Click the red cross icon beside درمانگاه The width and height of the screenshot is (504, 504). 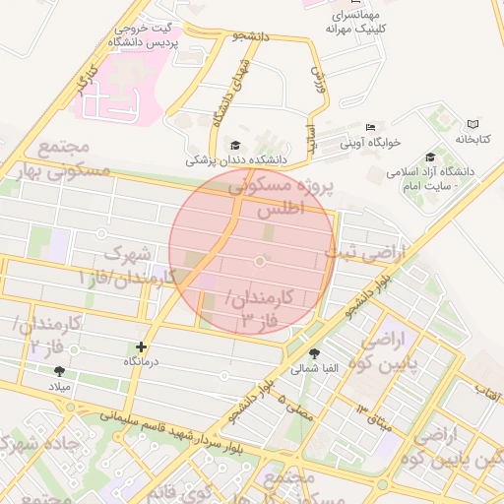141,346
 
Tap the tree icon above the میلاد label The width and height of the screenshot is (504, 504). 59,371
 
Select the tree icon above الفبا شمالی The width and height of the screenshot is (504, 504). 314,354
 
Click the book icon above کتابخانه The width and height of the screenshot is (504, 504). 472,125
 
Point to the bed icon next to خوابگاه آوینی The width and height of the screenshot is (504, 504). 370,127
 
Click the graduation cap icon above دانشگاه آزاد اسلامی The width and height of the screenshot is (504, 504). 430,157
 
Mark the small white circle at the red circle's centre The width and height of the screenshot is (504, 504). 260,261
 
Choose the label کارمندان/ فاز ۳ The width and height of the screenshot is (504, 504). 261,309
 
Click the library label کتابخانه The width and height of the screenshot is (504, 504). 472,141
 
